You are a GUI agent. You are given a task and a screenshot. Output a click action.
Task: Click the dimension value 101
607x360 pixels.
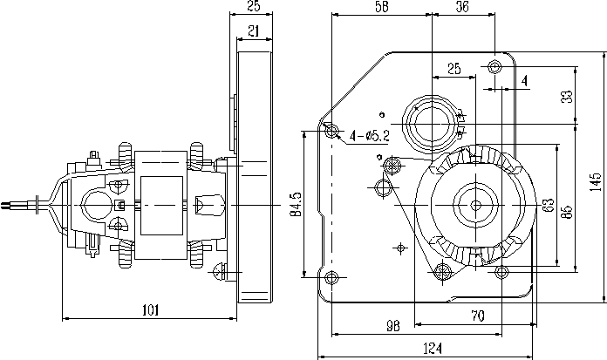click(151, 309)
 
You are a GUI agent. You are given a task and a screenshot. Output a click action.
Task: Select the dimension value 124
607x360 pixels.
click(431, 349)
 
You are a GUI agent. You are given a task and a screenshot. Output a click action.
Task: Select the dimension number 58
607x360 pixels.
click(381, 6)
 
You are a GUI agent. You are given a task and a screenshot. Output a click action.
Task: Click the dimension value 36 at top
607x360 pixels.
click(462, 6)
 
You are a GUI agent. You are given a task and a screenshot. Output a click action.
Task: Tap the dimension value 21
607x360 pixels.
click(253, 31)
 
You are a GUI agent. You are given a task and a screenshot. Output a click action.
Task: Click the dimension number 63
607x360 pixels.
click(548, 206)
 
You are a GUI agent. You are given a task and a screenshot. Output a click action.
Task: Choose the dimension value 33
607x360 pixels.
click(568, 96)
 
